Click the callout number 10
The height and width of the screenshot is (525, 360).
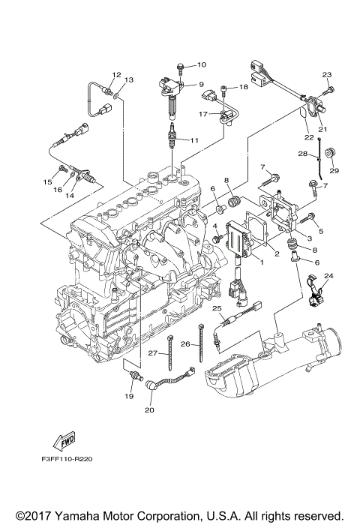point(202,64)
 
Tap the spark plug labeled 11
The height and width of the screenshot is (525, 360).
point(172,135)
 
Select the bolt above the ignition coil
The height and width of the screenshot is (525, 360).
point(181,69)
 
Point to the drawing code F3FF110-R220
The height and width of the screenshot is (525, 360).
point(67,459)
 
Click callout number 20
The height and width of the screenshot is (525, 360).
point(149,409)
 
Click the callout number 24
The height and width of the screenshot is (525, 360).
point(328,276)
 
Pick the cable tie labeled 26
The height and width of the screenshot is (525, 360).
point(201,343)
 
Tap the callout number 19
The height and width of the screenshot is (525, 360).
point(129,396)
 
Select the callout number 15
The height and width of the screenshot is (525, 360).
point(47,181)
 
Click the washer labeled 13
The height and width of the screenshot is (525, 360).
point(115,97)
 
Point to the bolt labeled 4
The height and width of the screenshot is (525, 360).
point(218,238)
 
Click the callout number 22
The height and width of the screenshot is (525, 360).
point(309,137)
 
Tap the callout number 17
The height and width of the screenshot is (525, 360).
point(203,114)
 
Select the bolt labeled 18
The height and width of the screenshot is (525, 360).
point(223,91)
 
